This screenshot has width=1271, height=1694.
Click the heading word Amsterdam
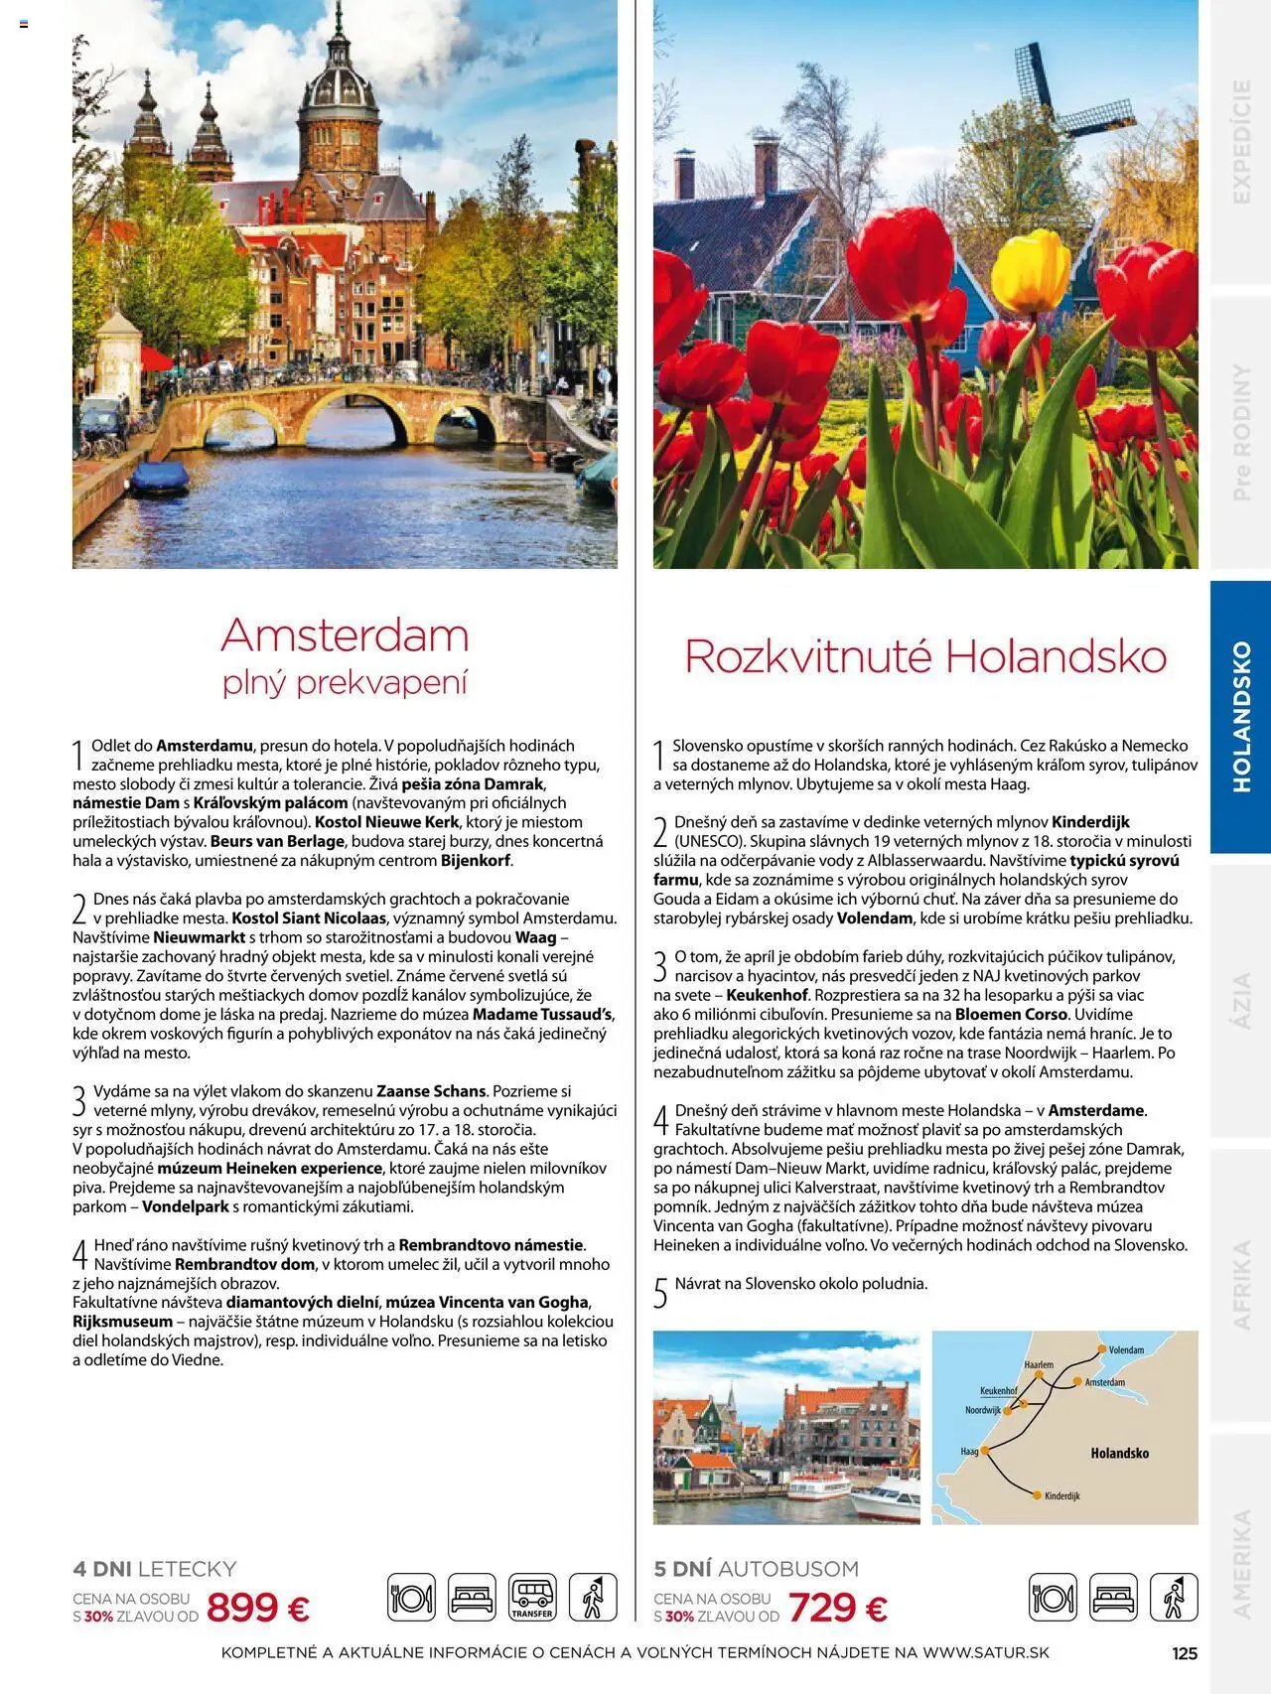point(345,635)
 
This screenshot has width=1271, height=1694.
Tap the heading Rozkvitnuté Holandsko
point(925,656)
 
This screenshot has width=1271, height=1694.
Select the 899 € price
point(258,1607)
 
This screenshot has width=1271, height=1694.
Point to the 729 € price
point(838,1607)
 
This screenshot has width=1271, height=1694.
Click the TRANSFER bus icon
point(533,1598)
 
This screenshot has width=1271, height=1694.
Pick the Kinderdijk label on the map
point(1061,1495)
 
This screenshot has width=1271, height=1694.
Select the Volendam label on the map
point(1126,1349)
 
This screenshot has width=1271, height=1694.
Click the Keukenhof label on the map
point(998,1391)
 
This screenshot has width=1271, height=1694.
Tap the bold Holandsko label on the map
point(1119,1453)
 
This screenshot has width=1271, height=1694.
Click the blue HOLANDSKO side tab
point(1241,716)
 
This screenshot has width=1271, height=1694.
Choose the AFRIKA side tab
point(1241,1284)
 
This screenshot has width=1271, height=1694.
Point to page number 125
point(1185,1653)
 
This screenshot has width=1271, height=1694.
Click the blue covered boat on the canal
point(159,479)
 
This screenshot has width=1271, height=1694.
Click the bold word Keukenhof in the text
point(767,994)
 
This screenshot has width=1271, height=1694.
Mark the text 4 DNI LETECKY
point(155,1569)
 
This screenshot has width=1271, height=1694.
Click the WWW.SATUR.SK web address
point(985,1653)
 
